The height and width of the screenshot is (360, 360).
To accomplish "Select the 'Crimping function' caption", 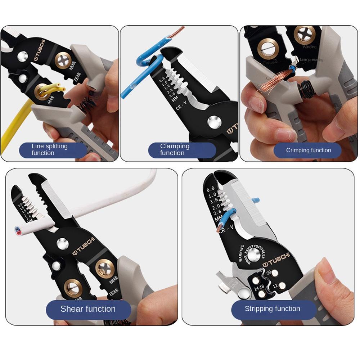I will point(308,150).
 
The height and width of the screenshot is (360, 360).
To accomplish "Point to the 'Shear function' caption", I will point(88,309).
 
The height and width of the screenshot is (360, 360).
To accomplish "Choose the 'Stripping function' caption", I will point(273,309).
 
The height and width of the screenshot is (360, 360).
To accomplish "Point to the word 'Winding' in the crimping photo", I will point(309,47).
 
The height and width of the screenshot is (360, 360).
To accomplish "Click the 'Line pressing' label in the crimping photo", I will point(312,59).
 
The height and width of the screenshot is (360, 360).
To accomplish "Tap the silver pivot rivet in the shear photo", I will point(62,244).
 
